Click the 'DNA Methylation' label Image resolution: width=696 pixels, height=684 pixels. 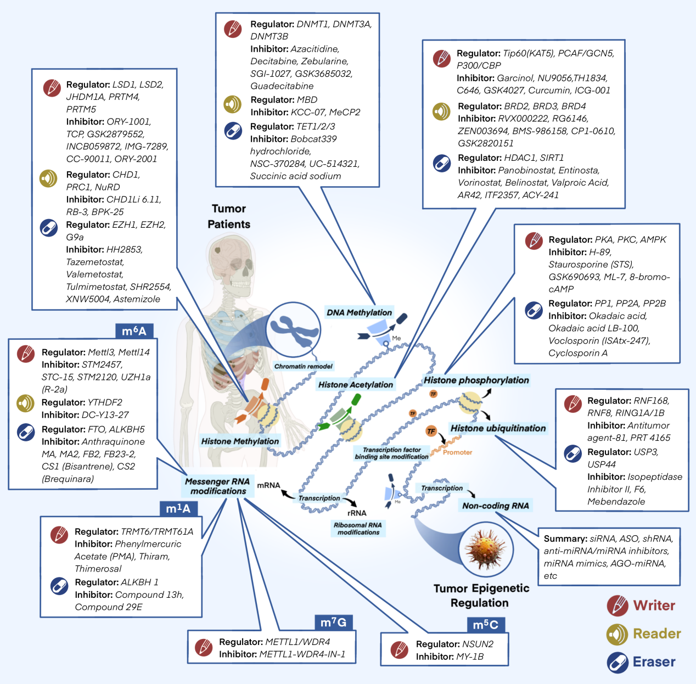(359, 312)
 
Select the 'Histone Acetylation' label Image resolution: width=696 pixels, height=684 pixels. (356, 384)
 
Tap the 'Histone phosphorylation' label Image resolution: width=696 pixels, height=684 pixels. (476, 380)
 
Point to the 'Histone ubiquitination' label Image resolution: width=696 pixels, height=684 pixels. (498, 428)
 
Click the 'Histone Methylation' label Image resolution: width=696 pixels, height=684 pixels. (240, 441)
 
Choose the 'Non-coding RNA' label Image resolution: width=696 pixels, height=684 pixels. (495, 506)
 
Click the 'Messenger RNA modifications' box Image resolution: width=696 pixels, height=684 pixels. (218, 486)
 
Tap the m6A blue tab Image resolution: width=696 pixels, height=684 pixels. (134, 331)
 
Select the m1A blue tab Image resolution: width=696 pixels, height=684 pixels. (178, 509)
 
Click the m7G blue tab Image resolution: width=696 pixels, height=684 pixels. (333, 622)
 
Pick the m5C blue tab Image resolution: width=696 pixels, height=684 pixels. (485, 624)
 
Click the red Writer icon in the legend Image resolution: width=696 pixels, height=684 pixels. (618, 605)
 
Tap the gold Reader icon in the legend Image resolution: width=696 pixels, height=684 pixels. (618, 634)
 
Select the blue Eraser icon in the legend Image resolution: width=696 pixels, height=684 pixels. (618, 662)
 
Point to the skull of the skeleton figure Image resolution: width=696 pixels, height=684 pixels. (231, 258)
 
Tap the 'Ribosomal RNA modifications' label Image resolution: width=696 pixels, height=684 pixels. (358, 528)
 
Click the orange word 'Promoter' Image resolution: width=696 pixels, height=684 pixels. (457, 452)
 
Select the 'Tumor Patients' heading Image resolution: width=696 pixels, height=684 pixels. (229, 216)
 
